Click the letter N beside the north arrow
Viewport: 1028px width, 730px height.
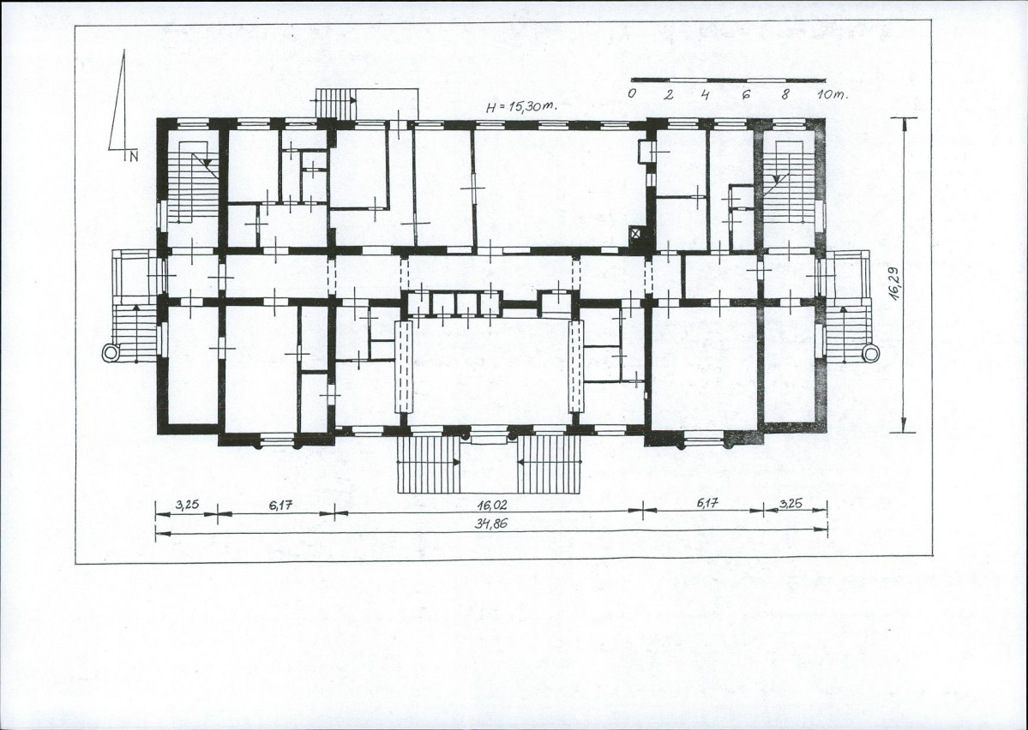tap(134, 156)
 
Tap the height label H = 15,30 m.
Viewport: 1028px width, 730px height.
tap(521, 107)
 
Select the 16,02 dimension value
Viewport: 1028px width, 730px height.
tap(492, 506)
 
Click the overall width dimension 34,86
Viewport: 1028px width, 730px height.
tap(492, 524)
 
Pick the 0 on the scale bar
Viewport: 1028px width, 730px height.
tap(631, 93)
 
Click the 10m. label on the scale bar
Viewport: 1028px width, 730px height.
tap(832, 93)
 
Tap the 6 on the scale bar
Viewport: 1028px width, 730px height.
tap(745, 93)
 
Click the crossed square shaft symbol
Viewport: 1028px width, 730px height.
tap(634, 231)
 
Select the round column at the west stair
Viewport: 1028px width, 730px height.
tap(111, 352)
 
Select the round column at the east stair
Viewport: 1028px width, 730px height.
tap(870, 354)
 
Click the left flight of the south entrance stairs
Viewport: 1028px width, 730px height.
tap(429, 464)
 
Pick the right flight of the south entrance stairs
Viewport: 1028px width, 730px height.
tap(550, 464)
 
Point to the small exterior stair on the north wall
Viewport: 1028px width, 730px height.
tap(334, 104)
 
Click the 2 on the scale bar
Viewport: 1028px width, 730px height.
tap(669, 93)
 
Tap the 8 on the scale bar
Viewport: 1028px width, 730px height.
tap(785, 93)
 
